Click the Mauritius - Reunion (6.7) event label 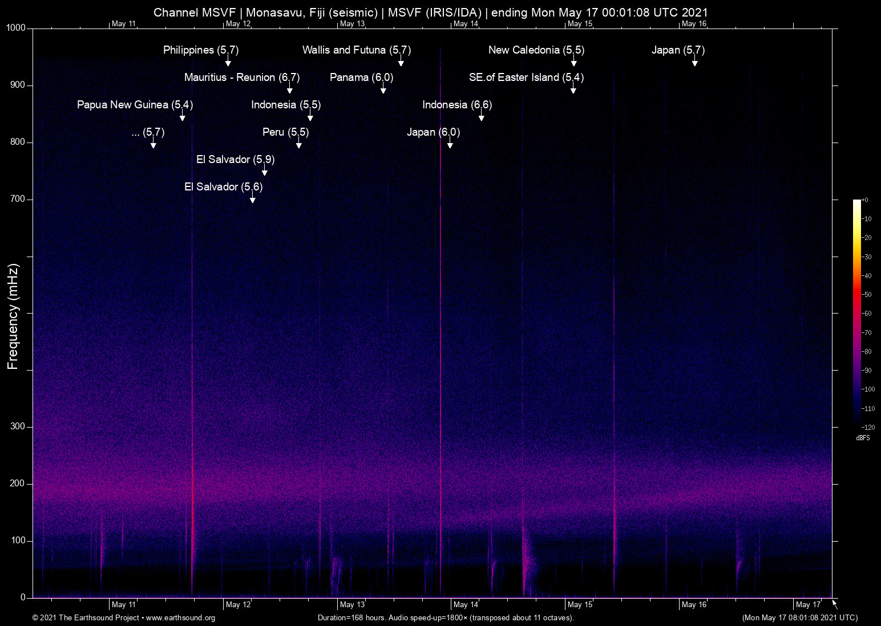point(241,77)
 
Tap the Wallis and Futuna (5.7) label point(356,50)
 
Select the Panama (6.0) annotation point(361,77)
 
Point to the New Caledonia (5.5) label point(536,50)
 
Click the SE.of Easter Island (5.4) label point(526,77)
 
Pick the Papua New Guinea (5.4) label point(135,104)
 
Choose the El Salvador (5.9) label point(235,159)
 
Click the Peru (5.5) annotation point(285,132)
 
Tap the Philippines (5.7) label point(200,50)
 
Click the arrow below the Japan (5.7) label point(694,62)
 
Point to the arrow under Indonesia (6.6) point(481,116)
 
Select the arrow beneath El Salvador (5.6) point(252,198)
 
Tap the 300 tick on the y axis point(18,426)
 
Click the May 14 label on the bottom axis point(466,604)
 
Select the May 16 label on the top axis point(694,24)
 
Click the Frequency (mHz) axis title point(13,316)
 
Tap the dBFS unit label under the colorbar point(863,438)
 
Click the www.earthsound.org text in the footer point(180,618)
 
